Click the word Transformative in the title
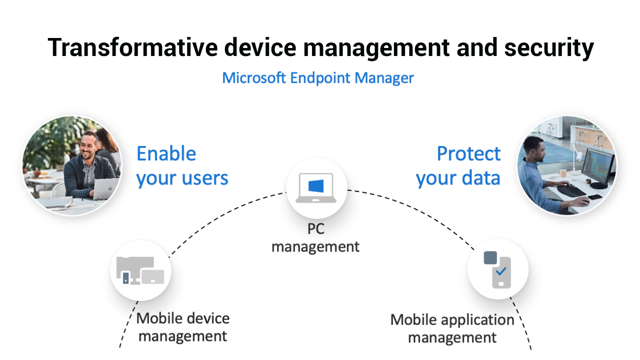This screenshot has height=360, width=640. pos(132,47)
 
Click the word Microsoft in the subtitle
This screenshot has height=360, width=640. pos(253,77)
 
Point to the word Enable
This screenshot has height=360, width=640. pos(166,153)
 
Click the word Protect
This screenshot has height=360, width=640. pos(468,153)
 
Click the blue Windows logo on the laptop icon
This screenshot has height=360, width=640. pos(316,186)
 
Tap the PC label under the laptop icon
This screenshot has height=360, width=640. pos(315,229)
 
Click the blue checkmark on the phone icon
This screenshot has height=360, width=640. pos(501,271)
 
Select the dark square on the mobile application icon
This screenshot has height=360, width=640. pos(490,257)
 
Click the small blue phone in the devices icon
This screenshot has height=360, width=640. pos(125,278)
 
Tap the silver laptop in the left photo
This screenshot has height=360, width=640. pos(105,188)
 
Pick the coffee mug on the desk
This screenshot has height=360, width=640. pos(562,173)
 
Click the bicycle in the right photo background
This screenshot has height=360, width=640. pos(551,130)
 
